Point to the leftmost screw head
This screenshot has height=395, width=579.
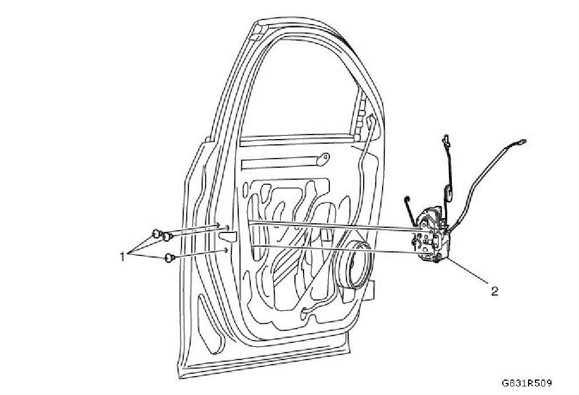pos(156,233)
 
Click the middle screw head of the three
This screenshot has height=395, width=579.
pos(167,236)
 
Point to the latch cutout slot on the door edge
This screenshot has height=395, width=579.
pos(228,236)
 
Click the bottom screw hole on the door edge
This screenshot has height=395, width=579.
pos(227,250)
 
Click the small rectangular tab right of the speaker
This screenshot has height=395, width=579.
pos(372,290)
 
